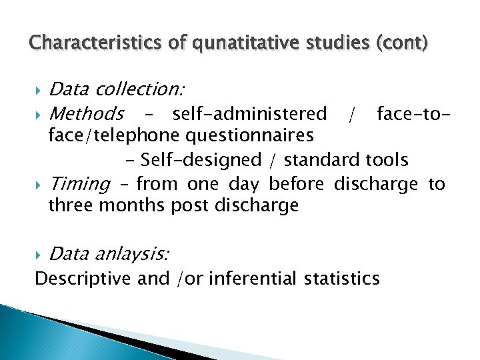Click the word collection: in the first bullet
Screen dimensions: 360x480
click(141, 89)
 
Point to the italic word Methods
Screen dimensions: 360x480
click(86, 113)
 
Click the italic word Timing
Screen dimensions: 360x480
click(80, 183)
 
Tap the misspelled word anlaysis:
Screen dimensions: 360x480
click(133, 253)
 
